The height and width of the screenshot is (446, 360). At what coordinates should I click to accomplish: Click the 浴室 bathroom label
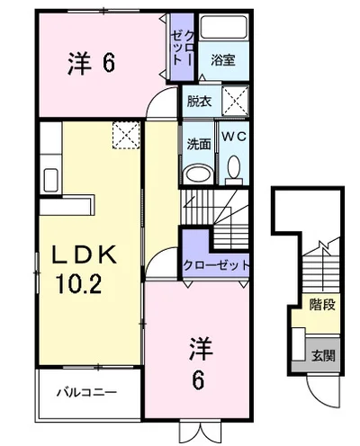223,60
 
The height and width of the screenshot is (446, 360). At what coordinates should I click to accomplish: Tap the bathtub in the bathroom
223,27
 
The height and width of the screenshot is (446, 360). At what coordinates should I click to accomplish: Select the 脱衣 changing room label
200,102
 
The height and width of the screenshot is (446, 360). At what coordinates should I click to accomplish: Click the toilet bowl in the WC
234,171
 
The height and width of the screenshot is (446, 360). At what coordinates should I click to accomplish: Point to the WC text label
234,137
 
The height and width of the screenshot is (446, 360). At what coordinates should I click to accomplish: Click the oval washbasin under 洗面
198,174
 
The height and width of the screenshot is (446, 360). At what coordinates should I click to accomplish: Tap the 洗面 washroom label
199,144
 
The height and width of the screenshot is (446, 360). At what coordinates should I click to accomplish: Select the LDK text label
85,254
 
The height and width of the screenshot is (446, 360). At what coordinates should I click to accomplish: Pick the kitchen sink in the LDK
50,180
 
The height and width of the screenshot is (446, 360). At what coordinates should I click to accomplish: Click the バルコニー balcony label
86,392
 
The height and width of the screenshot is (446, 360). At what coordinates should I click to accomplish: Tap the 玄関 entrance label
323,355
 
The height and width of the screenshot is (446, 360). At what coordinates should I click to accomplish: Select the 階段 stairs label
322,305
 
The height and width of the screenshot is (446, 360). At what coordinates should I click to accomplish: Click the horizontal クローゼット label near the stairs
216,265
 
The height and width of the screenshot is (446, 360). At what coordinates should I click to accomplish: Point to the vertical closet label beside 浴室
182,48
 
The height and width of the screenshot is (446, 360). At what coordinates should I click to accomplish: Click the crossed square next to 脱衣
236,101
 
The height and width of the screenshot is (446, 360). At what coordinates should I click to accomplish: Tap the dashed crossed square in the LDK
126,135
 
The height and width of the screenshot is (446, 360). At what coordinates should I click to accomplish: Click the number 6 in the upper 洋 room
108,63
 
